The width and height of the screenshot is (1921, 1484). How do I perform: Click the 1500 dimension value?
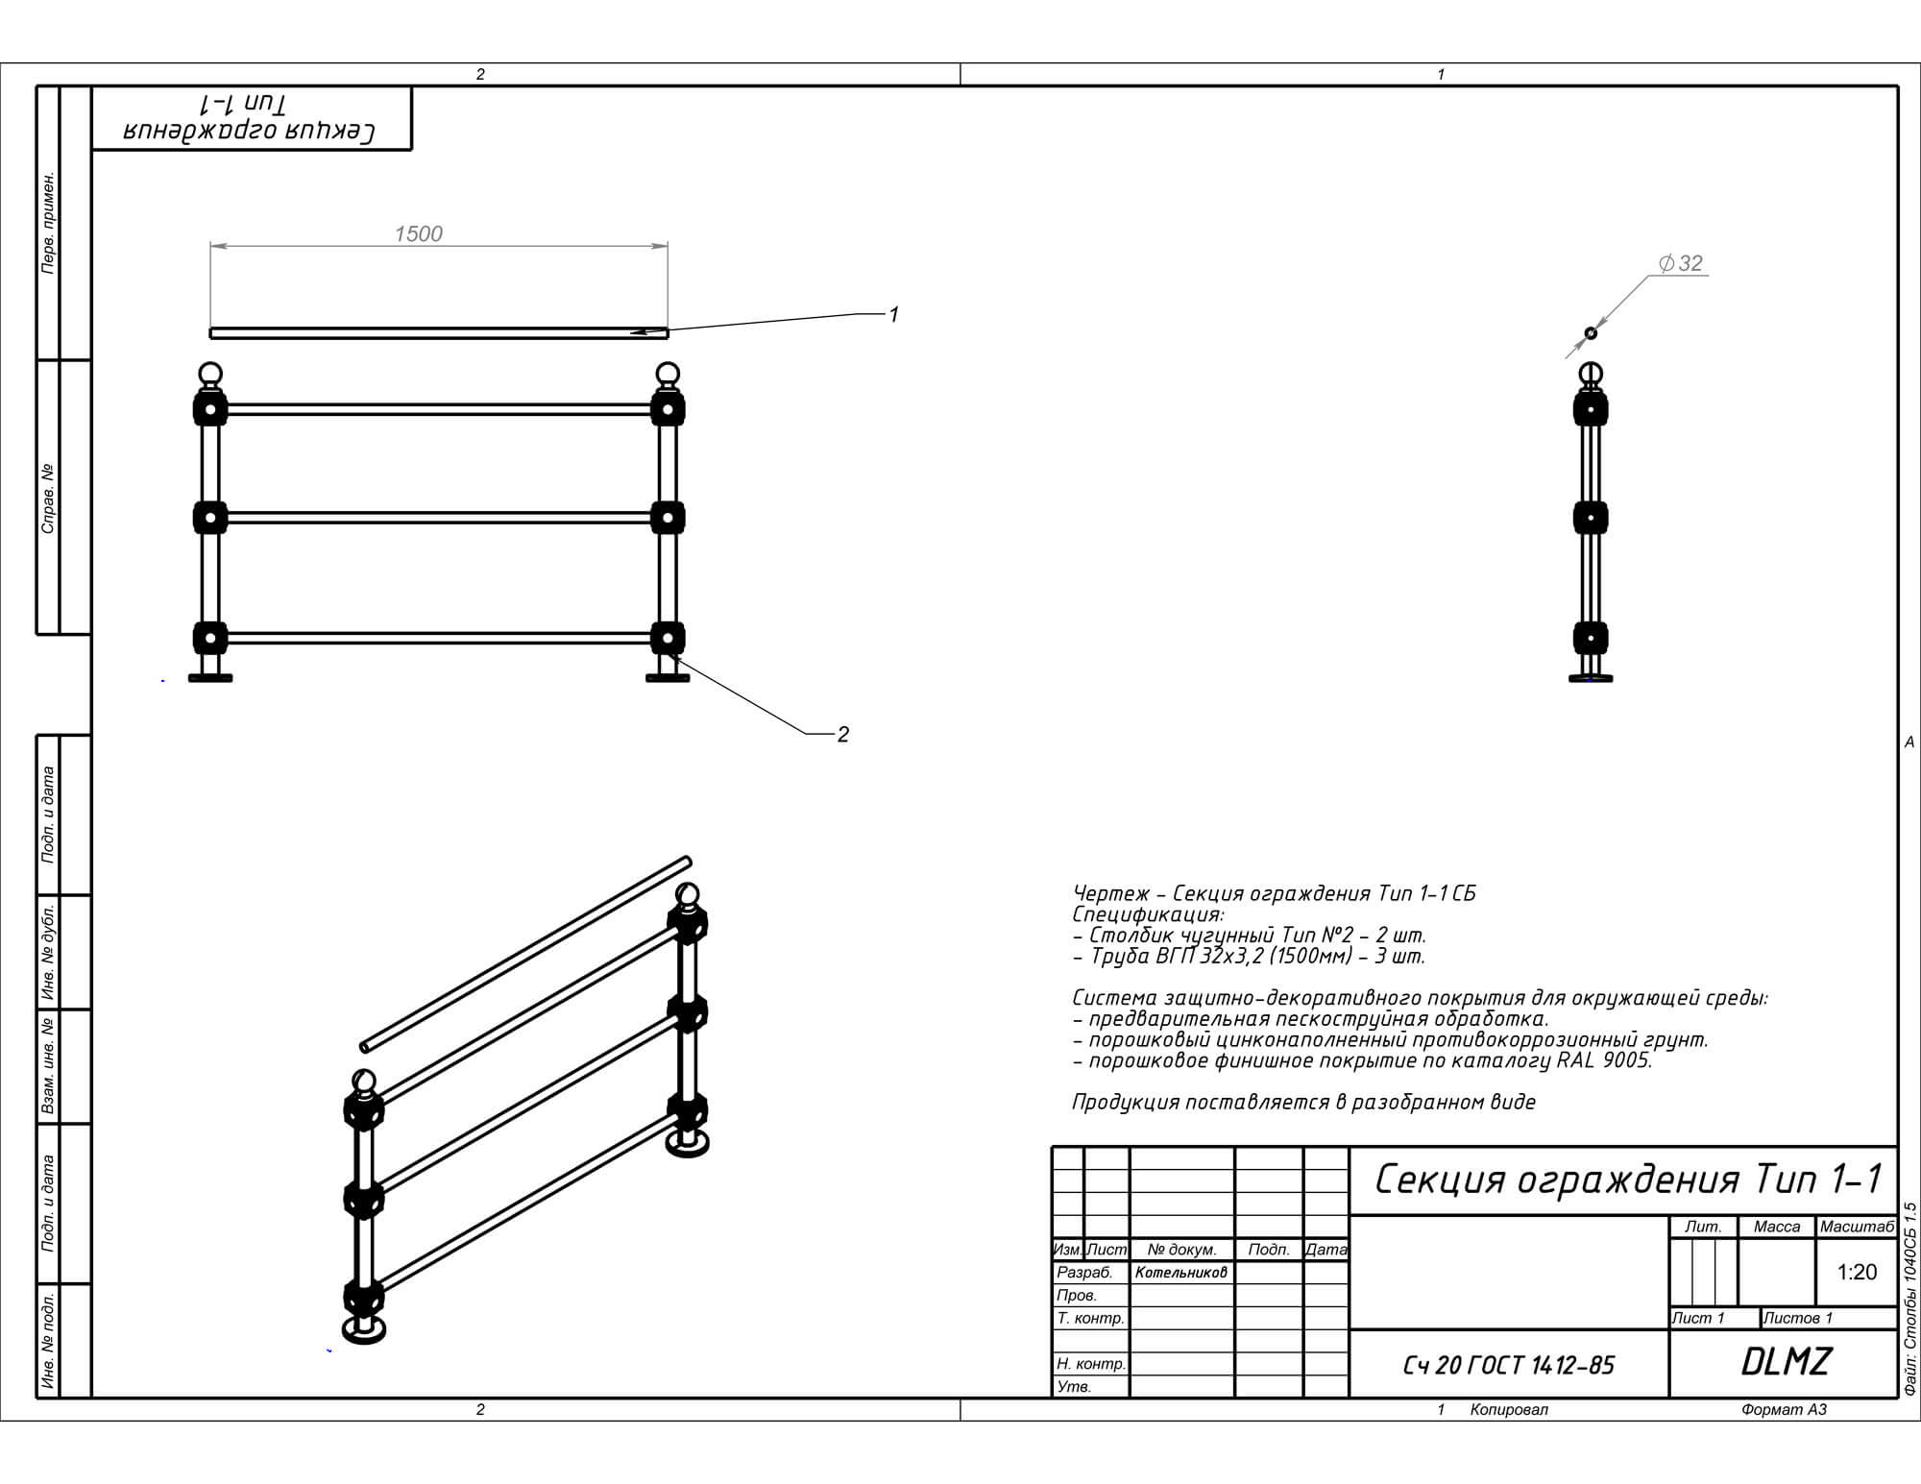click(x=418, y=233)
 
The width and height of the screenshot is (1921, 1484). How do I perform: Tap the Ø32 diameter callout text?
click(x=1680, y=263)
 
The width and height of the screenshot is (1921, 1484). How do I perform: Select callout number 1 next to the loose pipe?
click(x=893, y=314)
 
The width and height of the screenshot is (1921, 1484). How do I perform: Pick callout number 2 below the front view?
click(x=842, y=734)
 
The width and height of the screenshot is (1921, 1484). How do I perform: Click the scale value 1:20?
click(x=1857, y=1272)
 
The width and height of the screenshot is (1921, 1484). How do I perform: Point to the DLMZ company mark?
click(x=1787, y=1361)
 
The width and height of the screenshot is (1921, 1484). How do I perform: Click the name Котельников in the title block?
click(x=1180, y=1273)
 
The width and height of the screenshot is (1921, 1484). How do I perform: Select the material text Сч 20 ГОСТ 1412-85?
click(x=1509, y=1365)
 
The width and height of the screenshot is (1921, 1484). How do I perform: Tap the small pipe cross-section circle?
click(x=1591, y=332)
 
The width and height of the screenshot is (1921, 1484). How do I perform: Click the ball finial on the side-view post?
click(x=1591, y=374)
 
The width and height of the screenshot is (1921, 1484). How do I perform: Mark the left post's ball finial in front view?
click(x=209, y=374)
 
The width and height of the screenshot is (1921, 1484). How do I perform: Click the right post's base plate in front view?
click(x=668, y=677)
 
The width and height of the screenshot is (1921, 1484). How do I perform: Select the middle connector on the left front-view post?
click(x=209, y=518)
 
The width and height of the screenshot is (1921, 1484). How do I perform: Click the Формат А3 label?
click(x=1784, y=1409)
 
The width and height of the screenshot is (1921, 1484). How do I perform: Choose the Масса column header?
click(x=1777, y=1227)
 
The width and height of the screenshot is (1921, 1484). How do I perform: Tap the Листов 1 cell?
click(x=1799, y=1318)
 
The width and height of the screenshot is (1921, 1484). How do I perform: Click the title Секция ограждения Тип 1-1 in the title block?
click(x=1628, y=1179)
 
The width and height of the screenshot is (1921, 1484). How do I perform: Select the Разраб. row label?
click(x=1084, y=1273)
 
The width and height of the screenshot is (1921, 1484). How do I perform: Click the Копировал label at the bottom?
click(x=1509, y=1409)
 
